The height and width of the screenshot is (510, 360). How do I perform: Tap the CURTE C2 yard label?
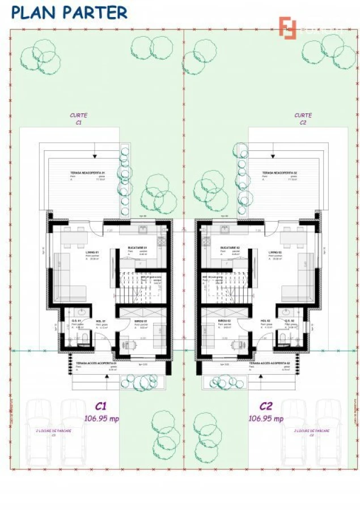(x=303, y=118)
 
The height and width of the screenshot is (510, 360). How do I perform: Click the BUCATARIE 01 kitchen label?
(x=136, y=248)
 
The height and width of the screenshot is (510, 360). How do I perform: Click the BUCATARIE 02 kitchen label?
(x=230, y=248)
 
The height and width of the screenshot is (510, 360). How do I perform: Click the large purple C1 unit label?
(x=101, y=406)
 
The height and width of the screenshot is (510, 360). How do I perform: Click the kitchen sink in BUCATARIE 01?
(x=142, y=228)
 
